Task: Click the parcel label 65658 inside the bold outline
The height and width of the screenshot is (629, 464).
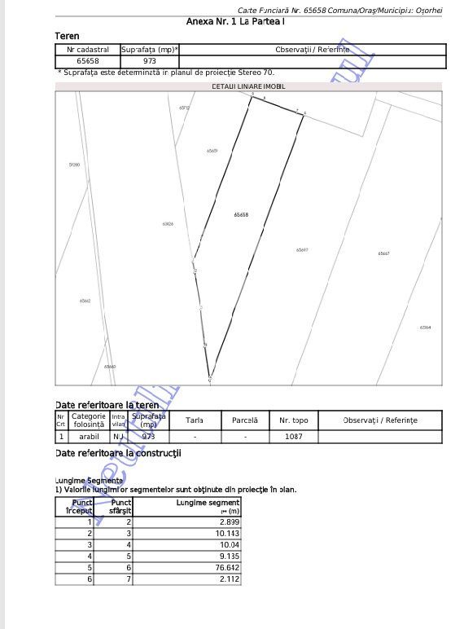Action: pyautogui.click(x=241, y=214)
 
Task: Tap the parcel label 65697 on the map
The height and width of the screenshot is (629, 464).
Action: pyautogui.click(x=302, y=250)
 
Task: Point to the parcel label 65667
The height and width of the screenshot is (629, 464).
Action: pyautogui.click(x=383, y=253)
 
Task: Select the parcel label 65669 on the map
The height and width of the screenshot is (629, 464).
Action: pyautogui.click(x=212, y=151)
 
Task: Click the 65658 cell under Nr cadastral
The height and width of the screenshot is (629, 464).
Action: pyautogui.click(x=88, y=61)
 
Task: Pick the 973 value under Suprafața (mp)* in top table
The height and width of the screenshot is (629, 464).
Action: pyautogui.click(x=150, y=61)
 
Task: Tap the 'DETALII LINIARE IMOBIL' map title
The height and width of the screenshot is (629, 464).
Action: pyautogui.click(x=248, y=86)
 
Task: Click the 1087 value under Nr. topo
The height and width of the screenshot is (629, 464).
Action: pyautogui.click(x=293, y=436)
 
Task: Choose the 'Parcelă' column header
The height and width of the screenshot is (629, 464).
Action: pyautogui.click(x=245, y=420)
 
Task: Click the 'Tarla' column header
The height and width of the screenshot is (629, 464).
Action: pyautogui.click(x=195, y=420)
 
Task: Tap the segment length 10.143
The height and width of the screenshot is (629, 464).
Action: pyautogui.click(x=228, y=533)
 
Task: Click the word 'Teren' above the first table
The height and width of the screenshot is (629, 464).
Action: pyautogui.click(x=67, y=37)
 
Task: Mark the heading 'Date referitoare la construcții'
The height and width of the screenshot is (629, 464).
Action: pyautogui.click(x=118, y=453)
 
